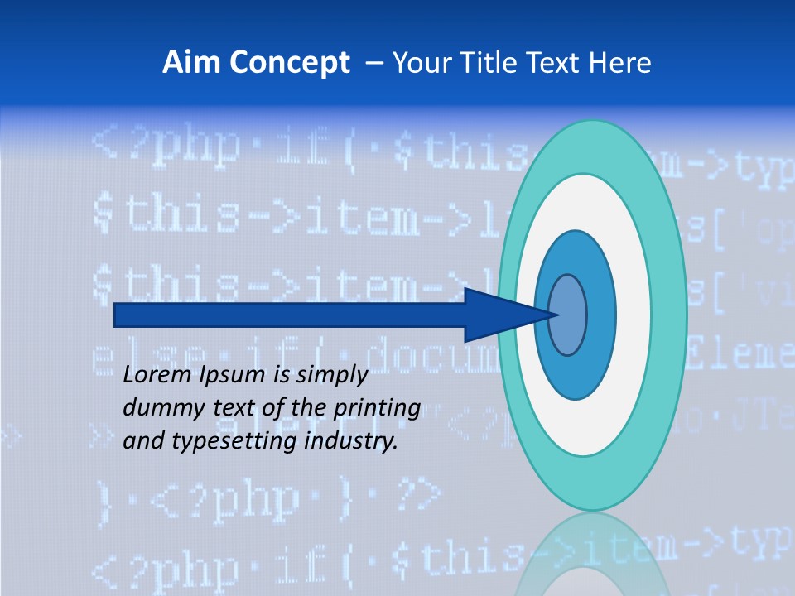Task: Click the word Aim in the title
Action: [185, 63]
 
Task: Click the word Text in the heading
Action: [560, 63]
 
